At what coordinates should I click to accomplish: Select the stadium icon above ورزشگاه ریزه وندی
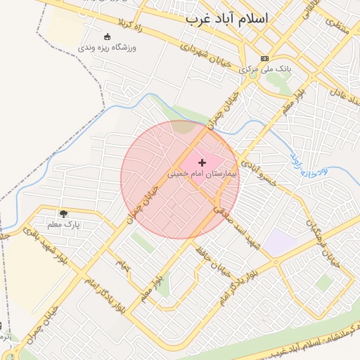tap(107, 37)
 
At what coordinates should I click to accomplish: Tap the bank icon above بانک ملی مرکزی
tap(264, 58)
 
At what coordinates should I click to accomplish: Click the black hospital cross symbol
tap(202, 162)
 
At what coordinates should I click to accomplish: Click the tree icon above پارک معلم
tap(64, 213)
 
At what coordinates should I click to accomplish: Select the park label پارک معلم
tap(64, 225)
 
